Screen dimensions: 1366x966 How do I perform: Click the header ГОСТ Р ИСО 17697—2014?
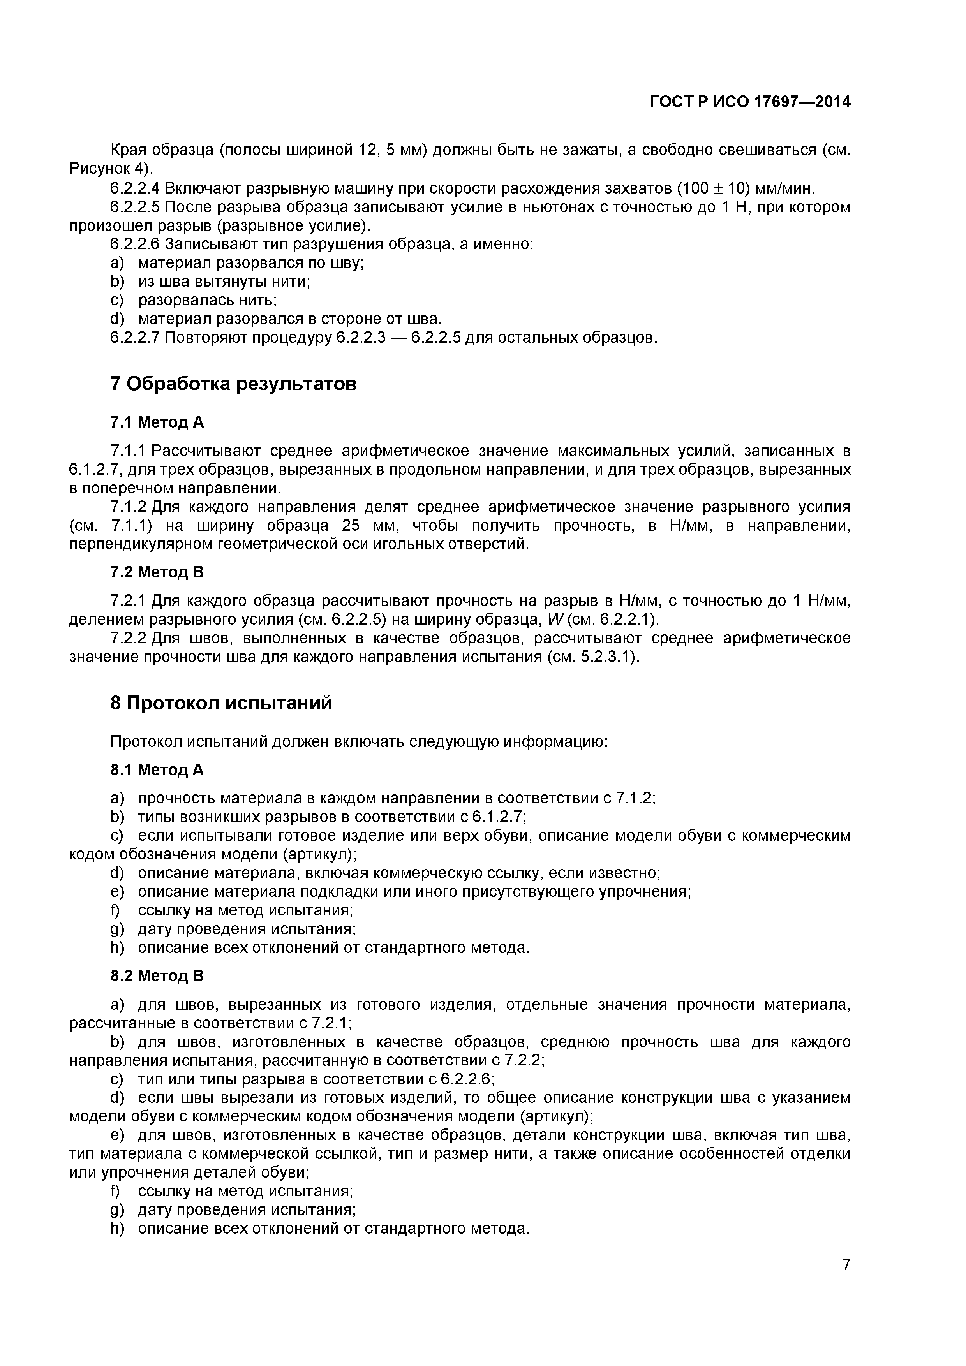[x=750, y=102]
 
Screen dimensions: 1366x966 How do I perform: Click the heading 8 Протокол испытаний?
[x=221, y=703]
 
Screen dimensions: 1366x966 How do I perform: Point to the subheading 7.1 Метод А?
[x=157, y=422]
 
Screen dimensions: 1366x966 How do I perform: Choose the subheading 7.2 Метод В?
[x=157, y=572]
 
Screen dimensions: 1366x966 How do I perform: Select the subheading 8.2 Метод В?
[x=157, y=976]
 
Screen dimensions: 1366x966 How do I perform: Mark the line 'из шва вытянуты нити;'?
[x=224, y=282]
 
